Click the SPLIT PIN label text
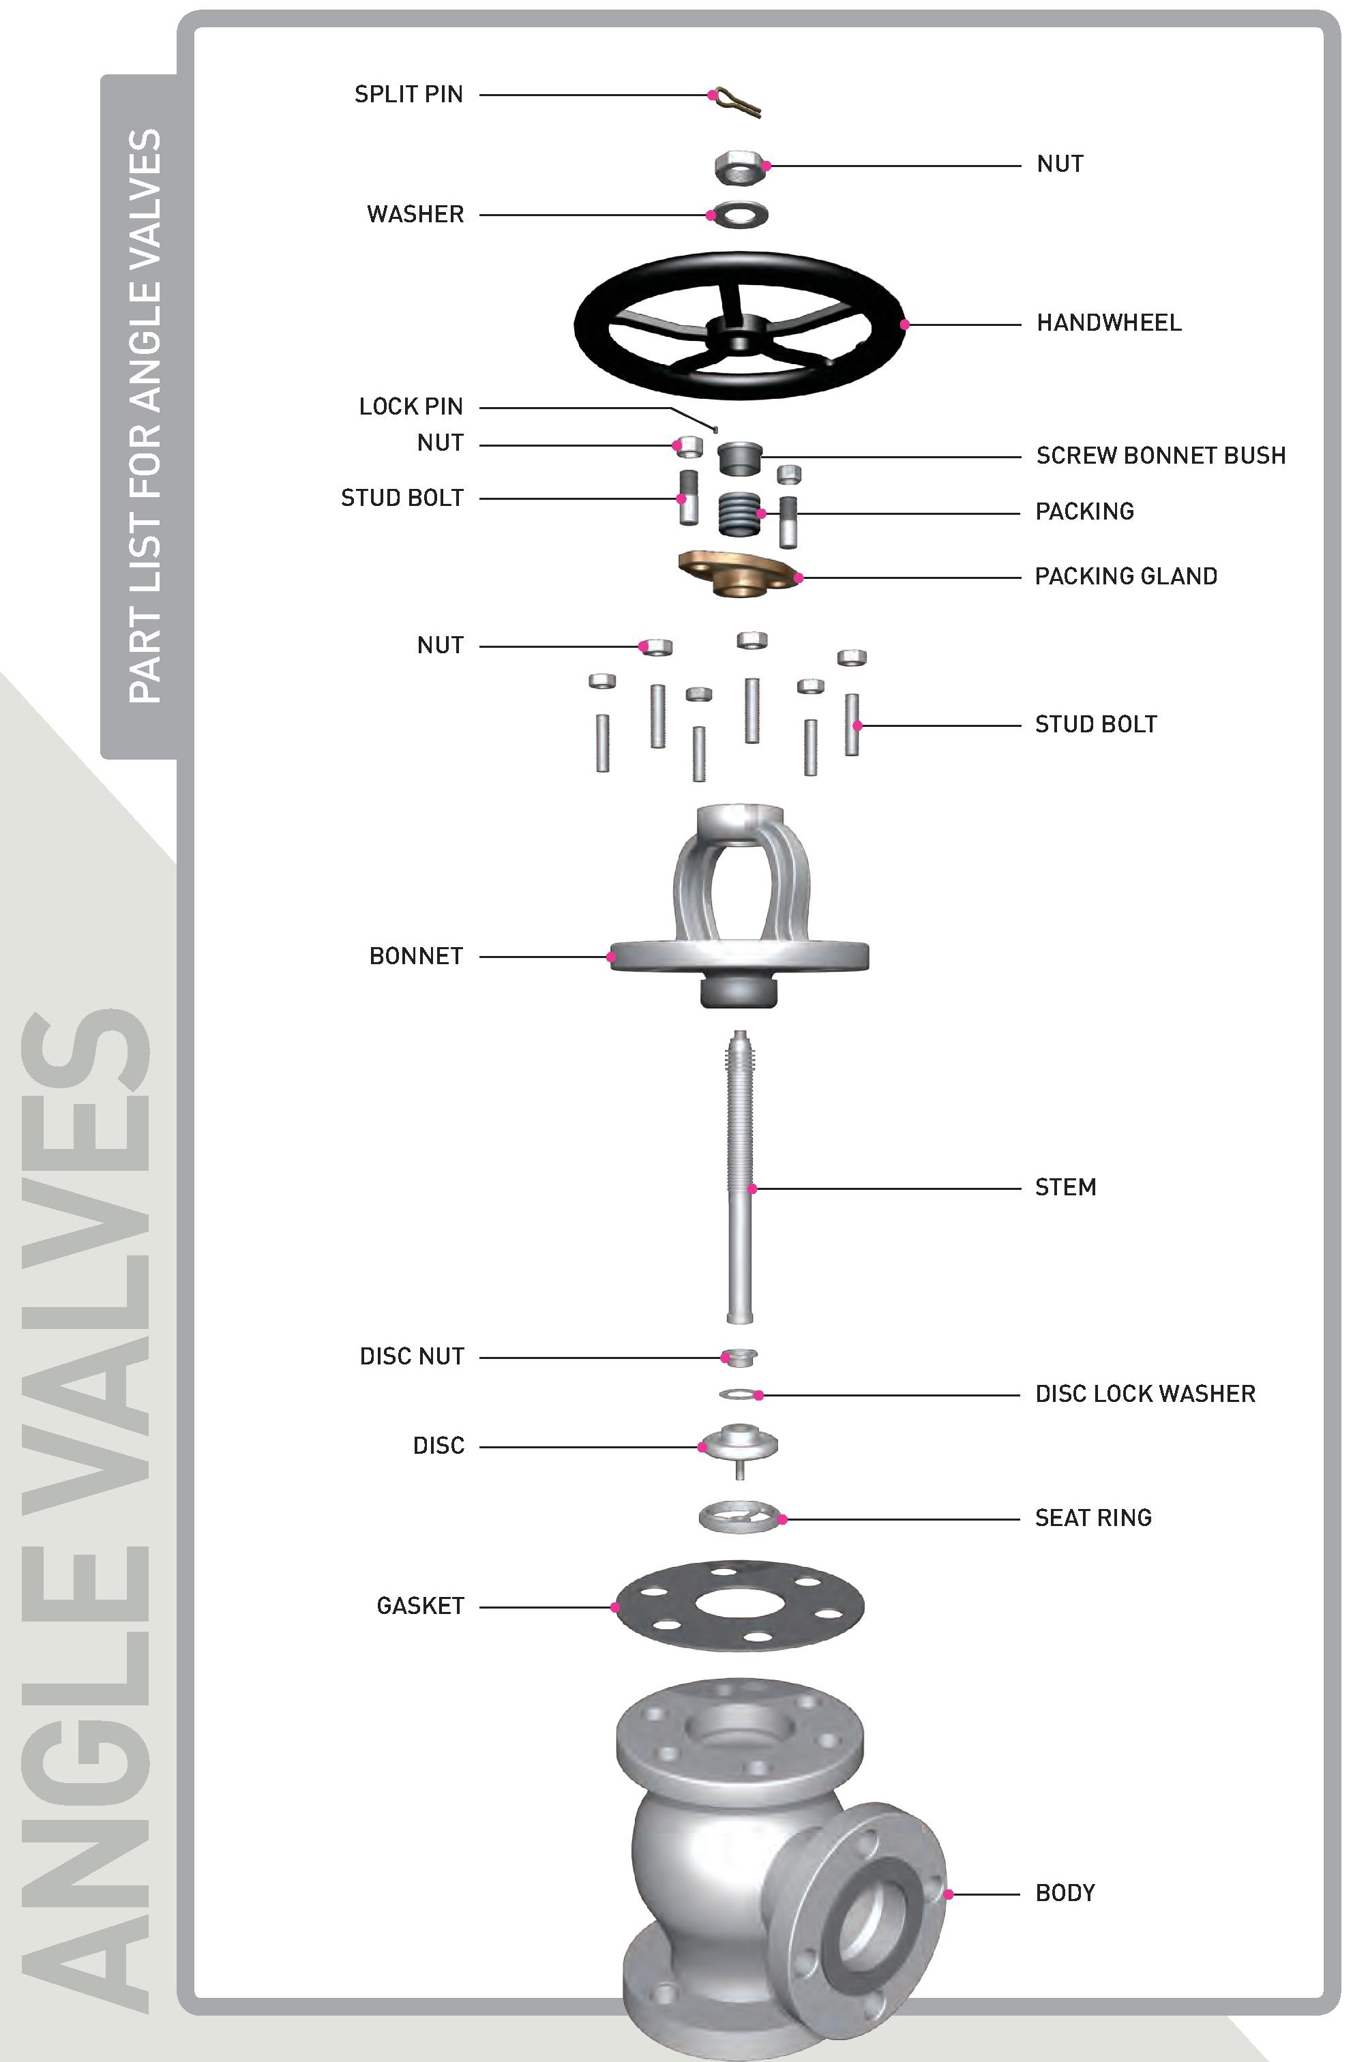[x=408, y=94]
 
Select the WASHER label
[x=415, y=214]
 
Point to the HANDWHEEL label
[x=1109, y=323]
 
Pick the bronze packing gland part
[x=739, y=573]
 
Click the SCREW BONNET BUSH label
[x=1161, y=455]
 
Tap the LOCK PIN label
[x=411, y=406]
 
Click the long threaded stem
[x=739, y=1178]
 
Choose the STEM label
[x=1065, y=1187]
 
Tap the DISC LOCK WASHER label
[x=1145, y=1393]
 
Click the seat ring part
[x=739, y=1516]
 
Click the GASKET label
[x=420, y=1605]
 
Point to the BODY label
[x=1065, y=1893]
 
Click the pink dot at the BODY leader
[x=948, y=1895]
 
